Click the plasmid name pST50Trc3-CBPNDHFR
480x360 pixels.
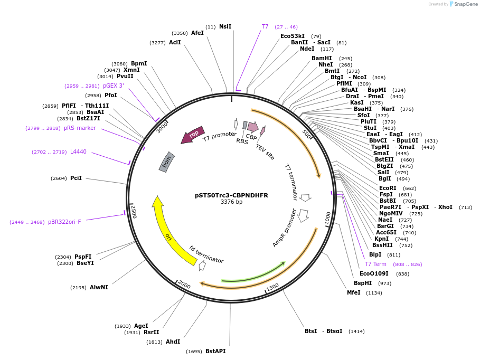click(231, 195)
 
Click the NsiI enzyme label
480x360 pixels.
click(225, 27)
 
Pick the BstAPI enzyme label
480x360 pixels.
click(215, 351)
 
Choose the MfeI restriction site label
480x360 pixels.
click(354, 292)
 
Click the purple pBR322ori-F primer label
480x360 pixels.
click(64, 222)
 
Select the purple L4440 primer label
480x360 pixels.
click(78, 152)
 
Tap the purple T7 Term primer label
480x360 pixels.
click(375, 264)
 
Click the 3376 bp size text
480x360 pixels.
click(231, 202)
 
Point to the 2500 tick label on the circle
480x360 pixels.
click(134, 212)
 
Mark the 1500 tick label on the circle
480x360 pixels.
click(272, 287)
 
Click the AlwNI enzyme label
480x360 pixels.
click(99, 287)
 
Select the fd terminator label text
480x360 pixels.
click(206, 254)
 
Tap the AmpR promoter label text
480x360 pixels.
click(285, 228)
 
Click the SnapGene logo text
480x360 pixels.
click(466, 4)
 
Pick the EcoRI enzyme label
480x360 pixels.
click(388, 188)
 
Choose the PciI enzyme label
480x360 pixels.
click(76, 178)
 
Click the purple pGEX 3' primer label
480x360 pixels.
click(114, 86)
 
